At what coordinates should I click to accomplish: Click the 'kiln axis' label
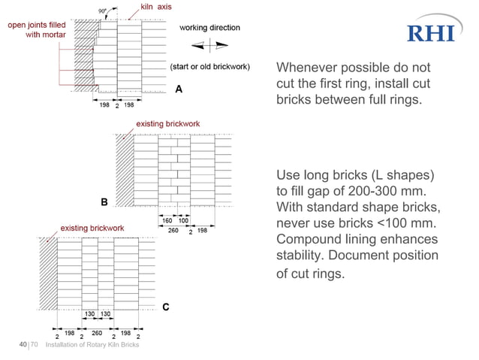[x=157, y=8]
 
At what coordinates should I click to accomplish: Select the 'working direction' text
[x=209, y=28]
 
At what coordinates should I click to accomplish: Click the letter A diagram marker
[x=179, y=89]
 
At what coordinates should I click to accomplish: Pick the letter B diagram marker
[x=104, y=202]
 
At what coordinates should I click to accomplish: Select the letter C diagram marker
[x=166, y=307]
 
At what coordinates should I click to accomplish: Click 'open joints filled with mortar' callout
[x=36, y=30]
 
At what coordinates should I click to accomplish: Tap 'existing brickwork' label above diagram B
[x=167, y=123]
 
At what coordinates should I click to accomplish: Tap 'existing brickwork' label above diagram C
[x=92, y=228]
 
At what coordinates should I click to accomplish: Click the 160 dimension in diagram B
[x=169, y=220]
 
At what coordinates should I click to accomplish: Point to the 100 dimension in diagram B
[x=183, y=220]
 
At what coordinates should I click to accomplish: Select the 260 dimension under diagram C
[x=97, y=331]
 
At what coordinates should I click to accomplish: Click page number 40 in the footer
[x=23, y=345]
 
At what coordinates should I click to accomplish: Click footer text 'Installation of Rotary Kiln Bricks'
[x=92, y=346]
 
